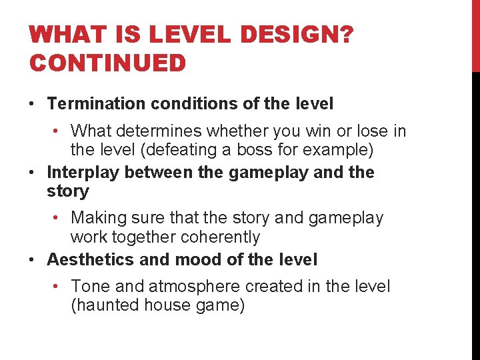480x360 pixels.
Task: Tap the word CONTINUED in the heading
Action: pos(107,63)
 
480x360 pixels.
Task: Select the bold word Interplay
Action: pos(83,173)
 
